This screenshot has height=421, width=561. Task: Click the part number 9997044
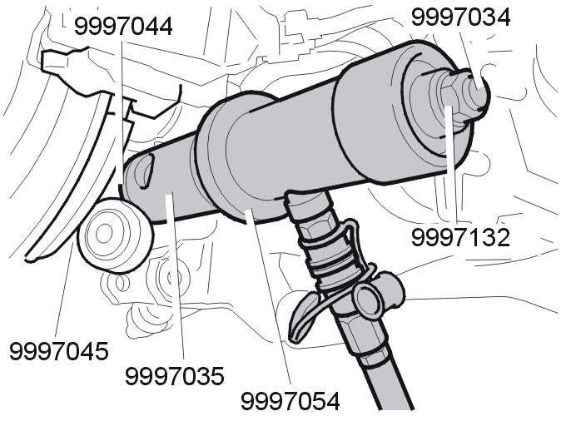[123, 26]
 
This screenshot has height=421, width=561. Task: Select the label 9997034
[461, 17]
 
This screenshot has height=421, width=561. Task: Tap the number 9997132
[460, 237]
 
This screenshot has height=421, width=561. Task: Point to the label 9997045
[58, 351]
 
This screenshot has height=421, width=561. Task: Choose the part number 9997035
[175, 376]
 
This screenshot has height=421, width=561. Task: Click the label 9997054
[290, 401]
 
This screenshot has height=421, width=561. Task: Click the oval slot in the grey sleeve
[144, 171]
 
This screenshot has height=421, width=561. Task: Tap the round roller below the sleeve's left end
[114, 235]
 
